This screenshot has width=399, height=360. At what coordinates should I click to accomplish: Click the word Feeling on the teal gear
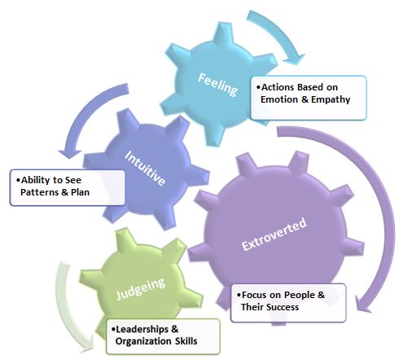[x=218, y=85]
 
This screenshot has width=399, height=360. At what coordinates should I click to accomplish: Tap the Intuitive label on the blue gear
[x=145, y=168]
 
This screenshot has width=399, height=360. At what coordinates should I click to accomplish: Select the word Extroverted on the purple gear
[x=274, y=235]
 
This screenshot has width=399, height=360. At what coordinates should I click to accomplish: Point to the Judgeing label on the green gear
[x=141, y=288]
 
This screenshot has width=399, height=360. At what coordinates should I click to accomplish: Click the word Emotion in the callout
[x=279, y=99]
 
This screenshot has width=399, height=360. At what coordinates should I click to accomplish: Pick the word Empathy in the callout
[x=331, y=99]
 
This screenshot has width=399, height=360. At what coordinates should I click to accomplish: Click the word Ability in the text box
[x=35, y=180]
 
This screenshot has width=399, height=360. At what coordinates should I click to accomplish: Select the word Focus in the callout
[x=254, y=295]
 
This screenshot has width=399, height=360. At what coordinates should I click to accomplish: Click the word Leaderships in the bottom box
[x=142, y=329]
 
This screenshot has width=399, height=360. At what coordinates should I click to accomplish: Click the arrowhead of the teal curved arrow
[x=295, y=59]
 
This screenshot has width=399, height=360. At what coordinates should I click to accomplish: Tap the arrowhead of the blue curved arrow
[x=70, y=154]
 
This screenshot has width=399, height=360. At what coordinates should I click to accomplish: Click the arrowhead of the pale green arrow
[x=88, y=344]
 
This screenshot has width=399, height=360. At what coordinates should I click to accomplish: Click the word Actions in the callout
[x=278, y=87]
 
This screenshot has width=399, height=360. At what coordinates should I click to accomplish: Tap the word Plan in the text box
[x=80, y=192]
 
